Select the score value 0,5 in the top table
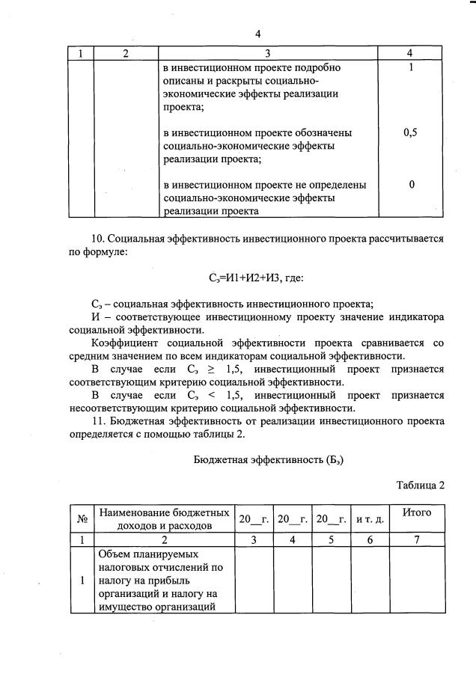pos(410,132)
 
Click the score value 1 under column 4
pos(410,67)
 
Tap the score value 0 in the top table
pos(412,185)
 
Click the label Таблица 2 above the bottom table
pos(421,484)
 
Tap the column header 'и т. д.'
pos(370,519)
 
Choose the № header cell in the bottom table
pos(81,518)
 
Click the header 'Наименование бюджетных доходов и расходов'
pos(164,518)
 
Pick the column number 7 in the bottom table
pos(417,539)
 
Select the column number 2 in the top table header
pos(126,53)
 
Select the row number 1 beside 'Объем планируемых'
pos(81,579)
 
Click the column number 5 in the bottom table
pos(331,539)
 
